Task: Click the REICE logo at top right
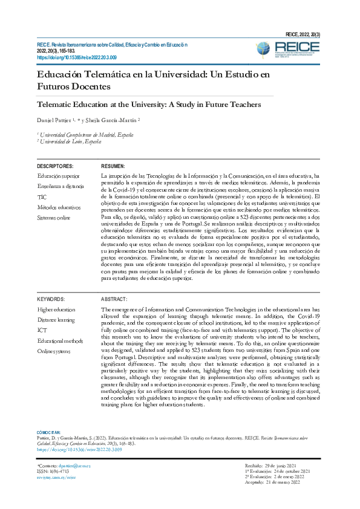[x=301, y=48]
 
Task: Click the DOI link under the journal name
[x=76, y=57]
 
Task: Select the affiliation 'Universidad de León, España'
[x=70, y=141]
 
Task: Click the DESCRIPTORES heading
[x=55, y=166]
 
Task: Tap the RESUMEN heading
[x=113, y=166]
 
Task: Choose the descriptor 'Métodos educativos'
[x=59, y=207]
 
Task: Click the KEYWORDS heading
[x=51, y=299]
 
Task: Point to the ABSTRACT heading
[x=114, y=299]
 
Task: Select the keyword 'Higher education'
[x=56, y=310]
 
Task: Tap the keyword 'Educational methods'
[x=61, y=340]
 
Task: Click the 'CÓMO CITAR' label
[x=49, y=432]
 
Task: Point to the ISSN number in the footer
[x=51, y=472]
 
